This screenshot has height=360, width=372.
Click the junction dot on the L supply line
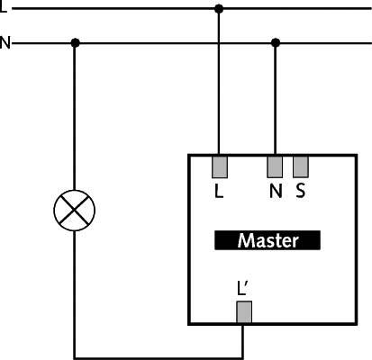[x=219, y=9]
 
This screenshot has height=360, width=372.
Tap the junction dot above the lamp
[x=75, y=43]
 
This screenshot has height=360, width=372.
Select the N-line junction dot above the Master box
[x=276, y=43]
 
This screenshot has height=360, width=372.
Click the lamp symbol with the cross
[x=75, y=211]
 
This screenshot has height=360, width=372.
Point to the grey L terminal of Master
[x=220, y=166]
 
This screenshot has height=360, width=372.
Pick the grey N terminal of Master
[x=275, y=166]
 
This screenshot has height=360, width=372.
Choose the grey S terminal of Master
[x=301, y=166]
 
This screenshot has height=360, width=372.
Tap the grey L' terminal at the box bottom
[x=244, y=312]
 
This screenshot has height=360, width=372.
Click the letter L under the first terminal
[x=219, y=191]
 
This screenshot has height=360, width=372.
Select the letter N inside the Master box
[x=276, y=191]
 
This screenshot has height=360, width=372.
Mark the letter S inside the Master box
[x=300, y=191]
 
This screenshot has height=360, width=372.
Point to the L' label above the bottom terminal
[x=242, y=288]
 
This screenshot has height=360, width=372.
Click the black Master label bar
[x=268, y=240]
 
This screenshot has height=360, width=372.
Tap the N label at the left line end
[x=5, y=42]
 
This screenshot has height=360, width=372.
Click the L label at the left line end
[x=3, y=7]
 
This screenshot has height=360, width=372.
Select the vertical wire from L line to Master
[x=219, y=82]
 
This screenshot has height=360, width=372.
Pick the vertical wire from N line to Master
[x=275, y=99]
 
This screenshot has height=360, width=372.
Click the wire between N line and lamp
[x=75, y=116]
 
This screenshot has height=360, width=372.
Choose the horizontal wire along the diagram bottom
[x=159, y=358]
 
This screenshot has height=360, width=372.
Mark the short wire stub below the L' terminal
[x=242, y=341]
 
